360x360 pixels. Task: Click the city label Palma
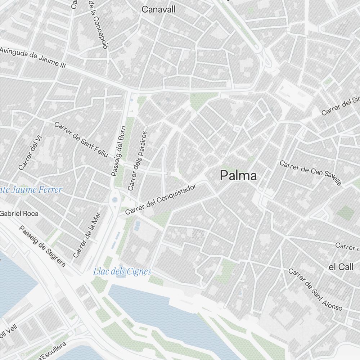pos(239,176)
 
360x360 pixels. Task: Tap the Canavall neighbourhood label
pos(158,10)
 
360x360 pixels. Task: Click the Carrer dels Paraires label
pos(137,161)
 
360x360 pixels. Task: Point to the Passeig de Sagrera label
pos(42,247)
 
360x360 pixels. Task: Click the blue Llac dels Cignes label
pos(122,271)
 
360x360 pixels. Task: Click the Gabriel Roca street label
pos(19,213)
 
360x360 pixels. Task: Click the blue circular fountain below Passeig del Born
pos(115,199)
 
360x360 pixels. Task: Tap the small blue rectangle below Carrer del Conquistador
pos(137,226)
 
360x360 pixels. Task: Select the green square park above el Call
pos(345,213)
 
